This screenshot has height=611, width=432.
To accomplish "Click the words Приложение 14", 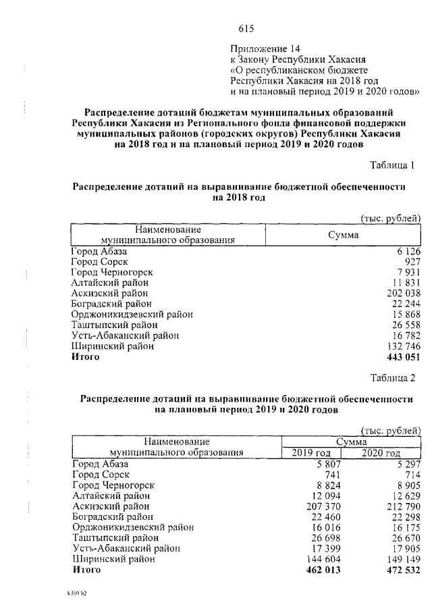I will (264, 49).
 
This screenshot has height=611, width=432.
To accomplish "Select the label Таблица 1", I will (396, 165).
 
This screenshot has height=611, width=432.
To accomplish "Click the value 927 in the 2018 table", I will (412, 261).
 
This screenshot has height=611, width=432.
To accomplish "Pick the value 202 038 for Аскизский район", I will (402, 293).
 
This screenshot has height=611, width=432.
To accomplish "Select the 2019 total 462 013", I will (323, 570).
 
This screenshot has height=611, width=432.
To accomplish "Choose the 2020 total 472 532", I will (402, 570).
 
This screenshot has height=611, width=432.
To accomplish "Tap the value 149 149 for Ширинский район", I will (402, 559).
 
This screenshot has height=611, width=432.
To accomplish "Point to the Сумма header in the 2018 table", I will (343, 235).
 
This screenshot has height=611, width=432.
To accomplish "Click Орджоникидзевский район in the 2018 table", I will (132, 314).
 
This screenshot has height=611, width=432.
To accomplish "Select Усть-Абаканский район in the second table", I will (126, 549).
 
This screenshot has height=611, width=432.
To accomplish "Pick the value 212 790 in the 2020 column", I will (402, 506).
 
